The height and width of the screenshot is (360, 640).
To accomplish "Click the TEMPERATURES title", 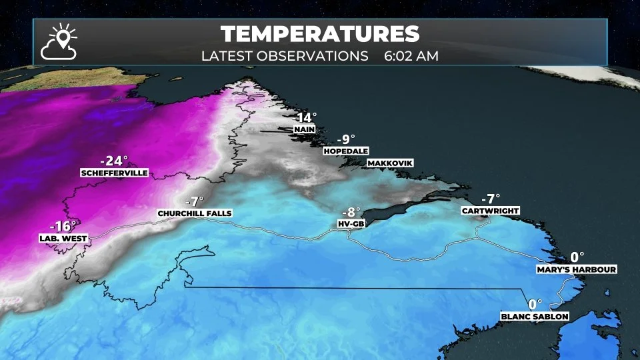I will click(320, 34).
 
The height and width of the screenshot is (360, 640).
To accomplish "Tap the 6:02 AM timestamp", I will click(411, 55).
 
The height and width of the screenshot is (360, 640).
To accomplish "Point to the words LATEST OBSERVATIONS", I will click(285, 55).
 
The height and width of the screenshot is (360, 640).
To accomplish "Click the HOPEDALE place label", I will click(346, 151).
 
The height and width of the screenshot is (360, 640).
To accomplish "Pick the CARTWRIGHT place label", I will click(490, 211).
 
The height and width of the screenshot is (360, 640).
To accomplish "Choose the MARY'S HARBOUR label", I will click(577, 269).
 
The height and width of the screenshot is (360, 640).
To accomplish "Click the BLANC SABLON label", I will click(535, 317).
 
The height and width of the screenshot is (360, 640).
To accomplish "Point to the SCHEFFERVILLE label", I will click(113, 173).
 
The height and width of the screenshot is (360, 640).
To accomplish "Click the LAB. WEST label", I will click(59, 237).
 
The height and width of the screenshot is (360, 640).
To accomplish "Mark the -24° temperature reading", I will click(113, 161).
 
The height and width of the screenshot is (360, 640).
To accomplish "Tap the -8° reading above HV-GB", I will click(351, 212).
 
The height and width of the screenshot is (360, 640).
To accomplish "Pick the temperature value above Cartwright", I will click(490, 199).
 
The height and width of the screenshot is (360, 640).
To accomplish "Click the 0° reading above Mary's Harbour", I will click(577, 257).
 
